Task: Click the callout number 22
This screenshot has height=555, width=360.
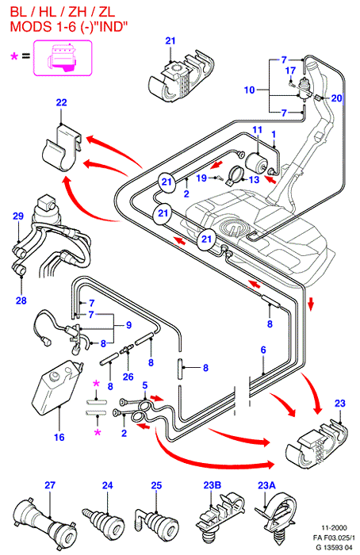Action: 61,102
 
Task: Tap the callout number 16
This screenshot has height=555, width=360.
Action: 59,437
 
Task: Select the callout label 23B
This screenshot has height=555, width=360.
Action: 213,485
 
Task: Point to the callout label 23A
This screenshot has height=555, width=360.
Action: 266,485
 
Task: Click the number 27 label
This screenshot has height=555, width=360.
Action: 50,485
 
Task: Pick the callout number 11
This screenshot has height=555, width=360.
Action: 258,130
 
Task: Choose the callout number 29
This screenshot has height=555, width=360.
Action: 18,216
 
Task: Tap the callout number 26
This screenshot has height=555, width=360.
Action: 128,377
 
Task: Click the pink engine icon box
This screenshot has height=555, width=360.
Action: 63,58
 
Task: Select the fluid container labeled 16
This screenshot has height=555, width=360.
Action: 57,387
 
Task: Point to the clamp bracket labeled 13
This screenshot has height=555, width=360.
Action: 236,175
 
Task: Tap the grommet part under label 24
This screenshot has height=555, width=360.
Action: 104,521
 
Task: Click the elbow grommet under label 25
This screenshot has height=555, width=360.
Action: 156,521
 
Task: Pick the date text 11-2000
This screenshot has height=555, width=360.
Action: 334,528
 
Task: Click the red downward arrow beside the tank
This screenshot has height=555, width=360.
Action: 311,304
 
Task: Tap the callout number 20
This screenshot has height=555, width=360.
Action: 336,98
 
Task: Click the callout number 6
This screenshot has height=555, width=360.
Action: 263,350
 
